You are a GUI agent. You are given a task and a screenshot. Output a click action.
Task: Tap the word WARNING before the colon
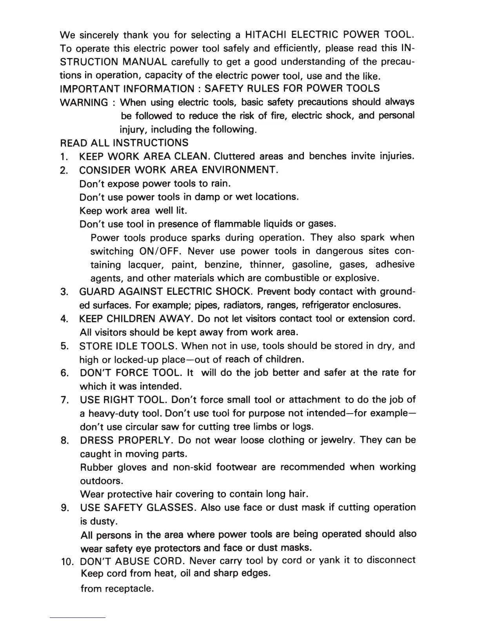coord(83,102)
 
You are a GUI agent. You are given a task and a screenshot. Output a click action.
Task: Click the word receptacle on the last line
coord(129,589)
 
